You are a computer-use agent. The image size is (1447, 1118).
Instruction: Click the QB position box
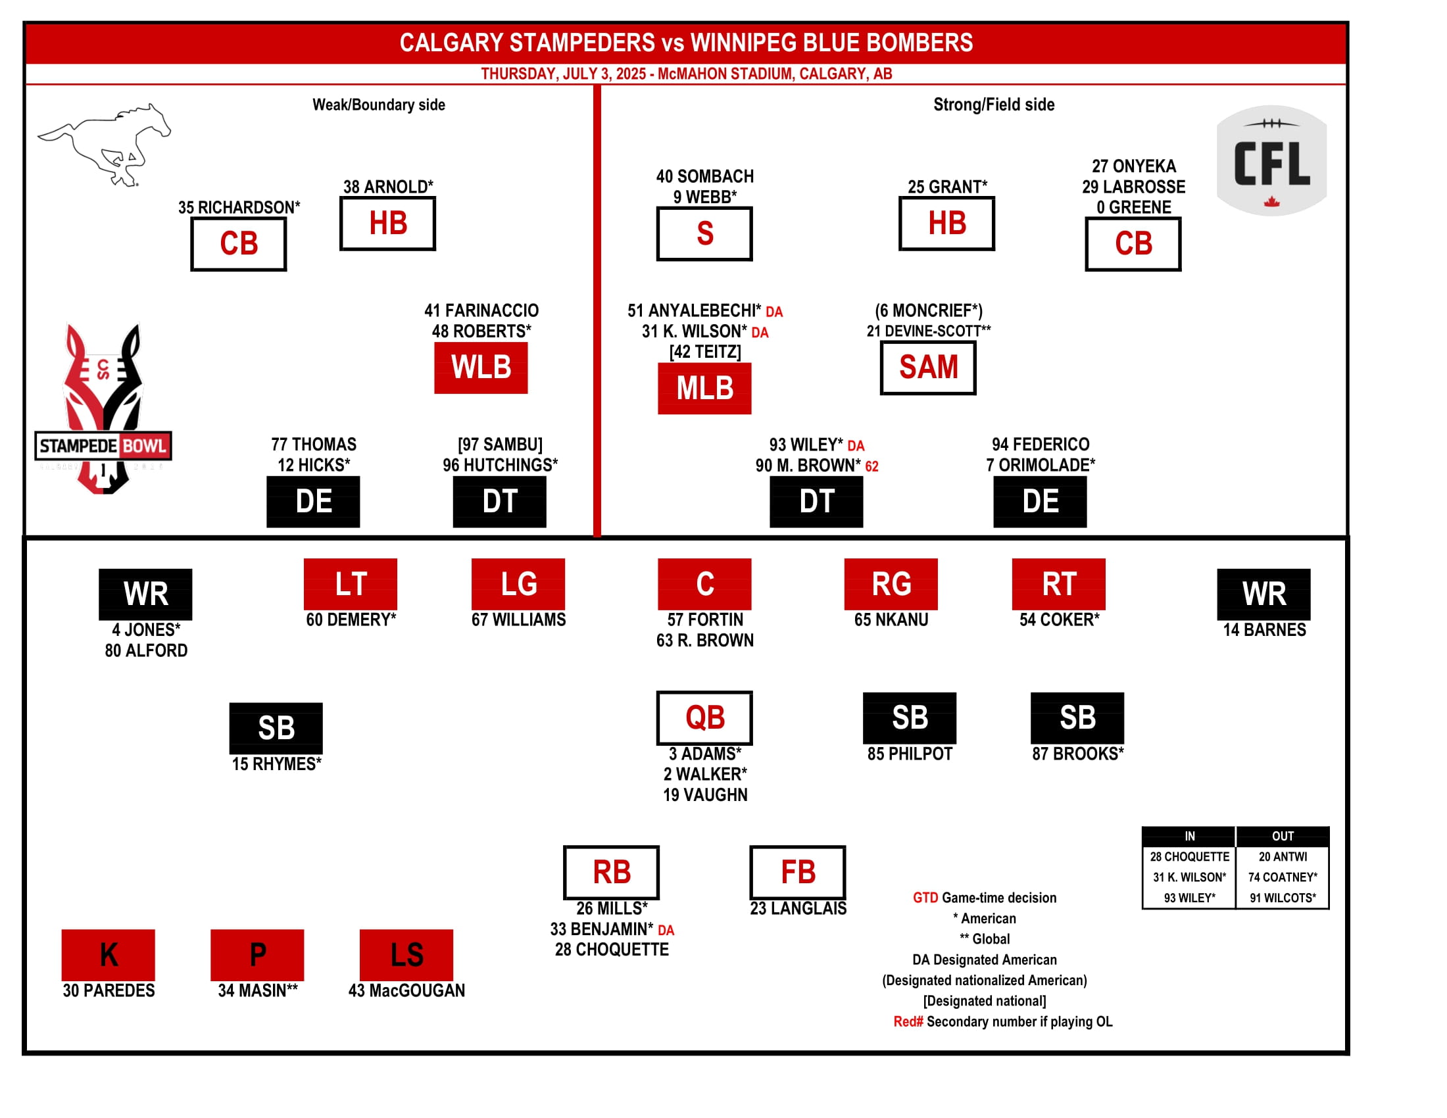704,718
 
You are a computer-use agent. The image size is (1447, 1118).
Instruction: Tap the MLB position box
704,388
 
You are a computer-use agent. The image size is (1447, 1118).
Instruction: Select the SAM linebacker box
927,368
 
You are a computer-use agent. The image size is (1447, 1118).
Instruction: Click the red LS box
406,954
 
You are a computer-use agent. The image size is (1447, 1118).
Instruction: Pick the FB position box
797,871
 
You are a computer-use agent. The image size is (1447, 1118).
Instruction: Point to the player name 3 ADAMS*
704,754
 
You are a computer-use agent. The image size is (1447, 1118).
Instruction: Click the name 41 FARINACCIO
481,310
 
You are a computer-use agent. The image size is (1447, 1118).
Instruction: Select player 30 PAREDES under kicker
109,990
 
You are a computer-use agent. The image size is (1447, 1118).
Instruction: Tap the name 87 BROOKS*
1077,754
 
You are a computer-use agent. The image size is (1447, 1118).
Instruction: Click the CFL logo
1271,161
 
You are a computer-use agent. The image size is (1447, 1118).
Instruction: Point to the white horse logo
105,144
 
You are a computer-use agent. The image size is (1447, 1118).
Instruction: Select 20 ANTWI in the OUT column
1282,856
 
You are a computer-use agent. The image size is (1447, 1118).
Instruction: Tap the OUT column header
1282,836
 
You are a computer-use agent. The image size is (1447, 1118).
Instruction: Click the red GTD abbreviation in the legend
925,898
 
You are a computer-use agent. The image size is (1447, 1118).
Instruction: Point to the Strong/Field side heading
993,105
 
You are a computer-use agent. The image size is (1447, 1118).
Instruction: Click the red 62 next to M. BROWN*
871,466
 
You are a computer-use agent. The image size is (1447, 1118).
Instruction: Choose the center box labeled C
704,584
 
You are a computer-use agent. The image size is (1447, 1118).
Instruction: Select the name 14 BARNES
1263,630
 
